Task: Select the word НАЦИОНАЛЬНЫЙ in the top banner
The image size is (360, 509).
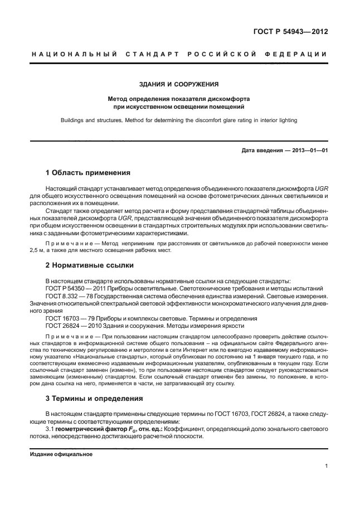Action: (73, 54)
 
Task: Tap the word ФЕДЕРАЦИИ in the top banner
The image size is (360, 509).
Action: (299, 54)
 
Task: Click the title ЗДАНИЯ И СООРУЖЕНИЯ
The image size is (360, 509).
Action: (178, 85)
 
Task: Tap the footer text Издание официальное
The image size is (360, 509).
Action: (61, 454)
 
